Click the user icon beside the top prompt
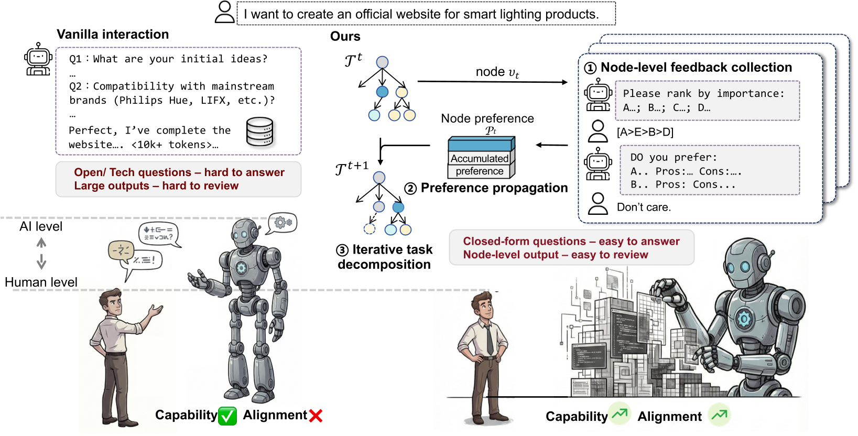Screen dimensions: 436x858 (x=225, y=12)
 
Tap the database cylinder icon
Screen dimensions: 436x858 (x=260, y=132)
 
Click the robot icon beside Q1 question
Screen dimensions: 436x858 (x=38, y=59)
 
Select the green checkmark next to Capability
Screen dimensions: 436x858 (x=227, y=416)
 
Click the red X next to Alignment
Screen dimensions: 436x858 (x=316, y=416)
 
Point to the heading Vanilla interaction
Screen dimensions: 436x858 (x=113, y=35)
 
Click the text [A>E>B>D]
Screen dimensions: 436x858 (x=645, y=132)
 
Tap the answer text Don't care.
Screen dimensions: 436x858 (x=644, y=208)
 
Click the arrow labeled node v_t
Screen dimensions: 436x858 (x=492, y=82)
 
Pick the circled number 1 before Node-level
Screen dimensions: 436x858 (x=591, y=68)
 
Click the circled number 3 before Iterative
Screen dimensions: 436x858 (x=342, y=250)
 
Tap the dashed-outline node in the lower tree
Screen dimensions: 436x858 (x=370, y=228)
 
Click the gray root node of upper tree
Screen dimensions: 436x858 (x=383, y=62)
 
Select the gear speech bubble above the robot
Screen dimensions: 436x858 (x=283, y=223)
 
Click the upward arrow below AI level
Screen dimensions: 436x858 (x=41, y=243)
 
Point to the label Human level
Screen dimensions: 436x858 (x=41, y=282)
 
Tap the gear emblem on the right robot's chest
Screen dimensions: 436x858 (x=744, y=318)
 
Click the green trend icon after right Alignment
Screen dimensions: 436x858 (x=720, y=415)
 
